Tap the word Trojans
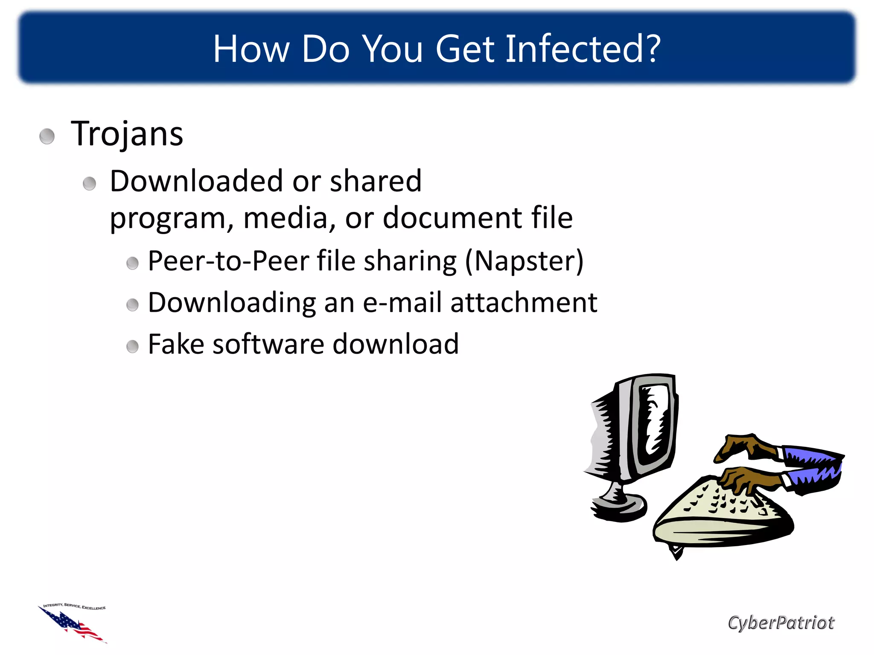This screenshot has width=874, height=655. (x=127, y=134)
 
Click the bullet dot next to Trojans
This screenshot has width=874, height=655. (x=47, y=136)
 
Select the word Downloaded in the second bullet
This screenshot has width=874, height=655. (x=196, y=181)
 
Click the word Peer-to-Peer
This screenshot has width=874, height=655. (x=228, y=261)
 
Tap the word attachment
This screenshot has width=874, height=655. (x=524, y=303)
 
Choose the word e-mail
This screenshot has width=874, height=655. (x=402, y=303)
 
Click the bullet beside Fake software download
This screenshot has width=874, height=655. (x=133, y=346)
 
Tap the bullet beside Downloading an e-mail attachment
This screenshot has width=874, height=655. (x=133, y=305)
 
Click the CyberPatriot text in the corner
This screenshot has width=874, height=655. (x=781, y=623)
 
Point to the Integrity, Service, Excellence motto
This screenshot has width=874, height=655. (x=75, y=606)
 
